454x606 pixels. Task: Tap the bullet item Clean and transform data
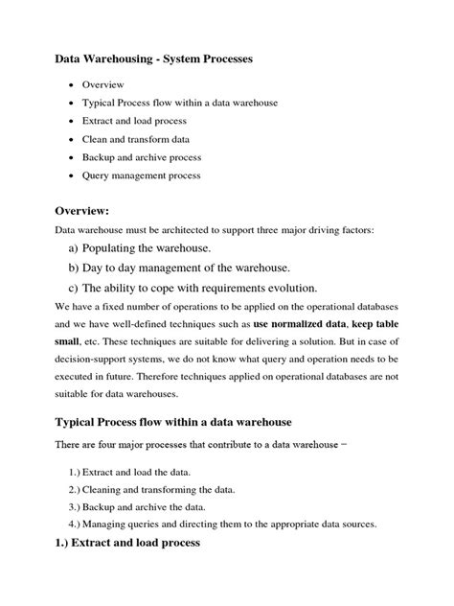click(x=141, y=139)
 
